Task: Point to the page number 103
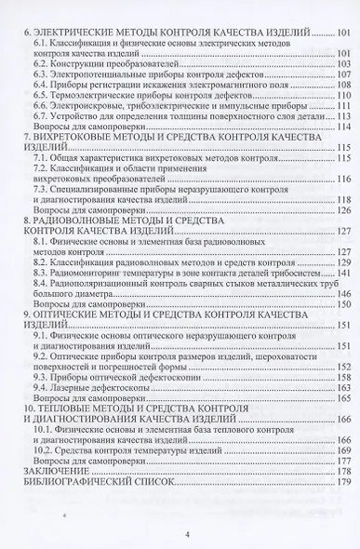[346, 68]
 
